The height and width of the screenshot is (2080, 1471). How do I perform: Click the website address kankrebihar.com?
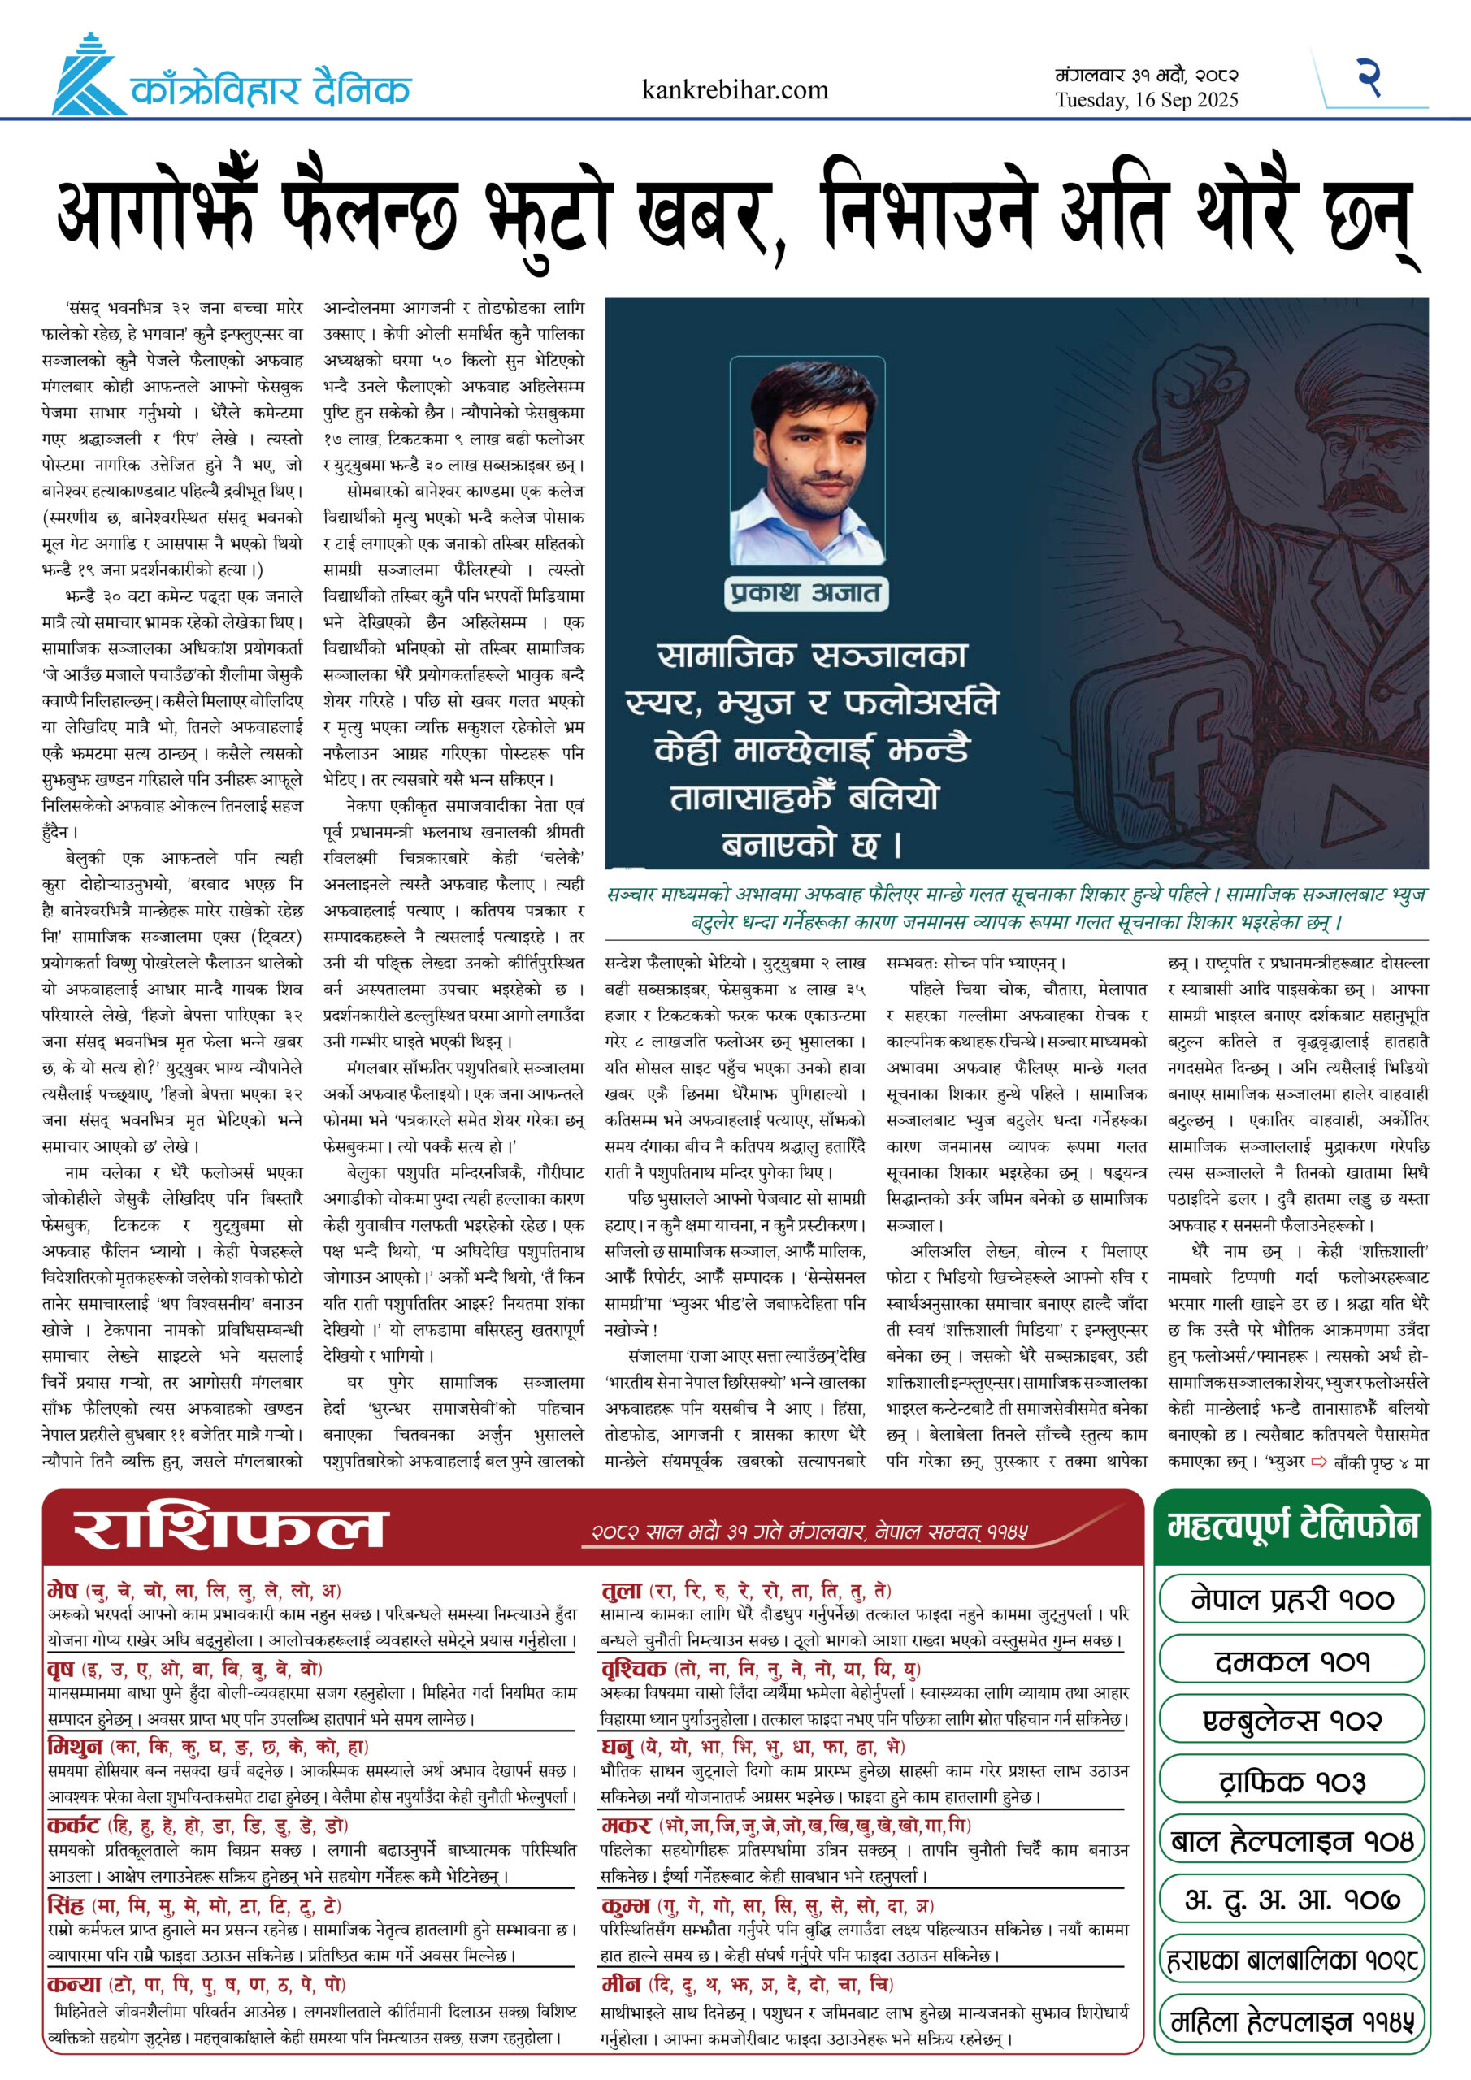(734, 89)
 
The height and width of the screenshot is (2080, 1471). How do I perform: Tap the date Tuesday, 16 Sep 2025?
(1146, 101)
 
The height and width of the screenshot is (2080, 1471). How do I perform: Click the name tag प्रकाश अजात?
(805, 593)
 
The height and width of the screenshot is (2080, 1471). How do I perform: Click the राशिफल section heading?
(230, 1529)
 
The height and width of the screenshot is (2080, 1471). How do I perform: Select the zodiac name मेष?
(63, 1590)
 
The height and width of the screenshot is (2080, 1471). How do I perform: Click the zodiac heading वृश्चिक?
(634, 1669)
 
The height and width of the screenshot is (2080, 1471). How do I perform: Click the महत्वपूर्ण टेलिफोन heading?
(1291, 1527)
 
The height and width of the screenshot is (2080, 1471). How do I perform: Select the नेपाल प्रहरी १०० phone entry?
(1291, 1600)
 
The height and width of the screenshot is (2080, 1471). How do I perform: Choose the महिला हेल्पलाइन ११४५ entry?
(1291, 2021)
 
